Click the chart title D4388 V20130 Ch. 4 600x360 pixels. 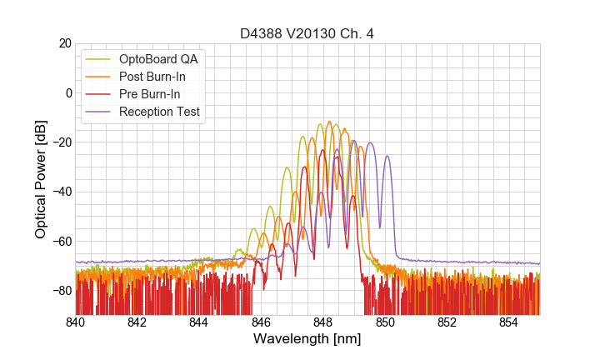[307, 33]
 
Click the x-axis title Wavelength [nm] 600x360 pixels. [307, 339]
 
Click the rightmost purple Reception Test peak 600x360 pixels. [387, 156]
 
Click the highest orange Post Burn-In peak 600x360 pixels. [329, 122]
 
